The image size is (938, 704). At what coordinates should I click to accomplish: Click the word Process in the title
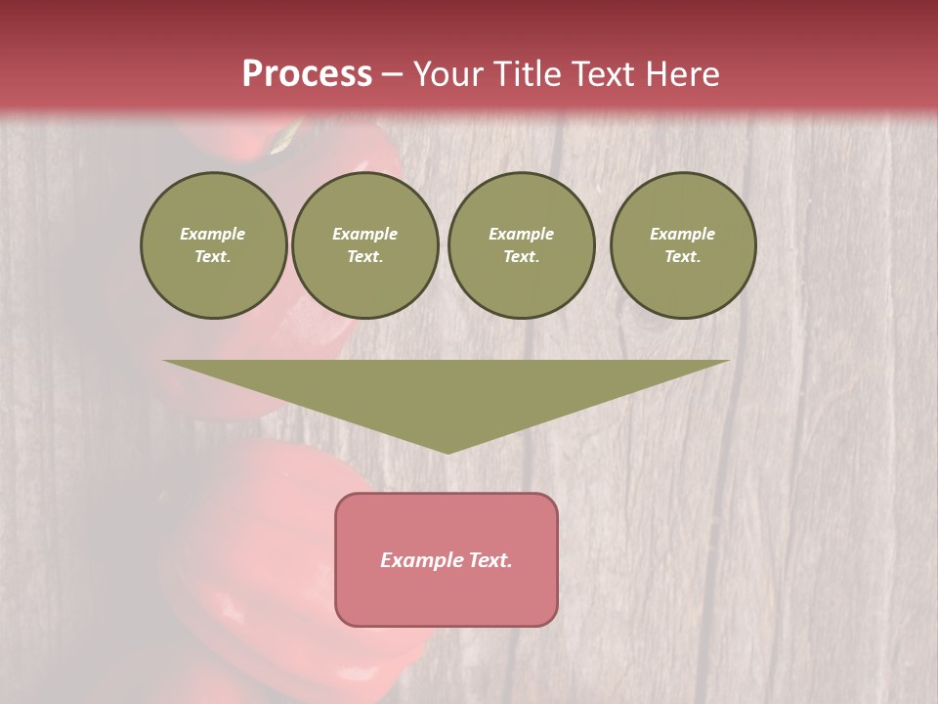click(307, 73)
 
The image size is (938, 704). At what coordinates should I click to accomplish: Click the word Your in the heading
click(448, 74)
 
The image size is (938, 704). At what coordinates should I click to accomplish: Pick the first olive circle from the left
click(214, 245)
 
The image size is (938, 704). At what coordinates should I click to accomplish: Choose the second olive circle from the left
click(365, 245)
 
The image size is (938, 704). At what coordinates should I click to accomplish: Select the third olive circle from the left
click(522, 245)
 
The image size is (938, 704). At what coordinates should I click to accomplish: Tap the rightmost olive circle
click(683, 245)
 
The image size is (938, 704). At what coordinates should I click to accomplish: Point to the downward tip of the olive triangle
click(448, 451)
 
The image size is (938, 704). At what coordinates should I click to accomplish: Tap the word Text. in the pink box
click(490, 560)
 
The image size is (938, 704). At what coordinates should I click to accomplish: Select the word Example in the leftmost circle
click(213, 234)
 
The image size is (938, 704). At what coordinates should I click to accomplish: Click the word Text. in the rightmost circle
click(683, 257)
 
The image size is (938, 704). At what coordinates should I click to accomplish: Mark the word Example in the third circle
click(522, 234)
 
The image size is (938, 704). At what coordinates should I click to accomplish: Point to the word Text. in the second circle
click(365, 257)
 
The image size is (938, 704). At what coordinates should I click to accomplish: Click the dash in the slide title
click(392, 74)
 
